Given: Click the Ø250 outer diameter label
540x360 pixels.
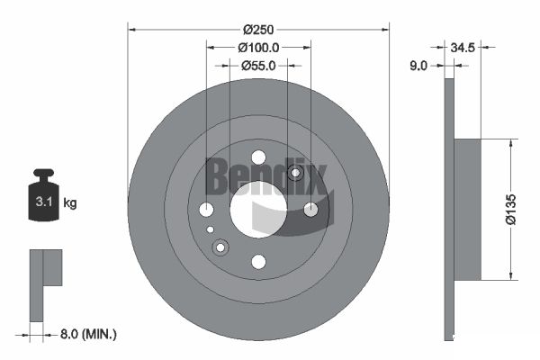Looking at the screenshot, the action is click(258, 30).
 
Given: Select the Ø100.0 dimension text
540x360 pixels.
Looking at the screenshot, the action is click(258, 48).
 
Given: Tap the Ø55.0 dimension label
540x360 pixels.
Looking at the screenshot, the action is click(258, 66).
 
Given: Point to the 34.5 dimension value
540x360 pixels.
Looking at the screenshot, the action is click(463, 48).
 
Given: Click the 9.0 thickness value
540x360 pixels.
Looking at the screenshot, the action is click(418, 66).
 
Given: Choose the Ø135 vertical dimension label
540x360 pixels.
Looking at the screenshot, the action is click(511, 210).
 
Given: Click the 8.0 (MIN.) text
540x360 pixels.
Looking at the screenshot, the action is click(88, 334).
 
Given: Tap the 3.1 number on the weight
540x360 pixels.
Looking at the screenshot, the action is click(44, 202).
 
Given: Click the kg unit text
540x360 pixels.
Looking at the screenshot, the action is click(70, 203).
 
